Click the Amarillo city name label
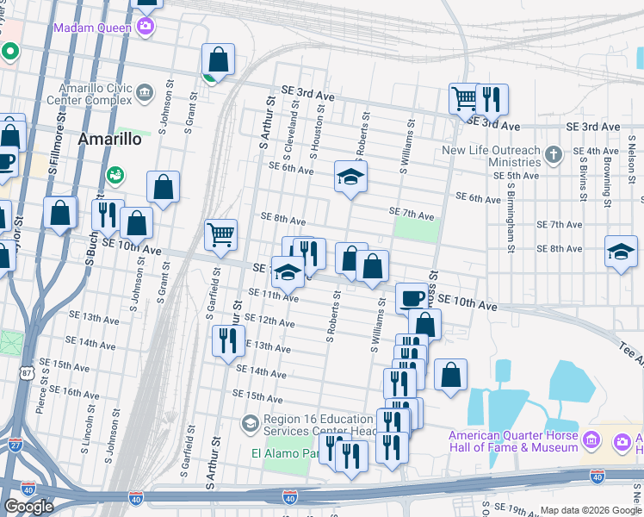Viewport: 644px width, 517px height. click(x=108, y=140)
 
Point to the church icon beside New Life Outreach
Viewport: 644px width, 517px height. click(x=554, y=155)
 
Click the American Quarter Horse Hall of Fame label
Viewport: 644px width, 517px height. click(x=513, y=441)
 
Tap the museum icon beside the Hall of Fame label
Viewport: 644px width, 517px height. click(x=591, y=441)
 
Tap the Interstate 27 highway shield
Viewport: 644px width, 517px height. click(x=15, y=444)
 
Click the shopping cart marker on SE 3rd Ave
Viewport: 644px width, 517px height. click(x=465, y=98)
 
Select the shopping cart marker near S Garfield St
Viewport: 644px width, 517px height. click(x=221, y=234)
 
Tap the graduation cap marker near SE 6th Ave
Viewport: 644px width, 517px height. click(x=350, y=178)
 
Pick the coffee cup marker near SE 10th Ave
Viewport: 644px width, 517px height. click(x=412, y=299)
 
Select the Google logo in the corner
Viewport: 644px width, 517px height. click(x=29, y=507)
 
